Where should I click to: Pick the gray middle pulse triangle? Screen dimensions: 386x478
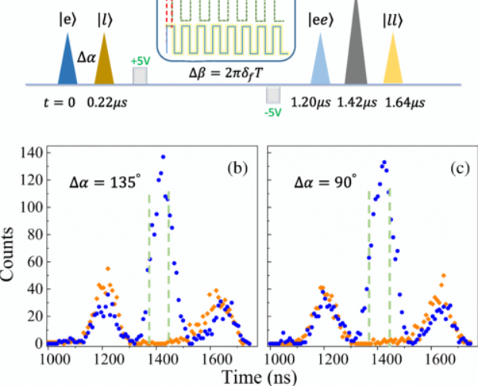pos(356,50)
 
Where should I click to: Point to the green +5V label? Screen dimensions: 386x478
pos(140,59)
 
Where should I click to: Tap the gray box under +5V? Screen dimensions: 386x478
pos(140,76)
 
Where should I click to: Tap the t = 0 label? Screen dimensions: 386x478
pos(59,100)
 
